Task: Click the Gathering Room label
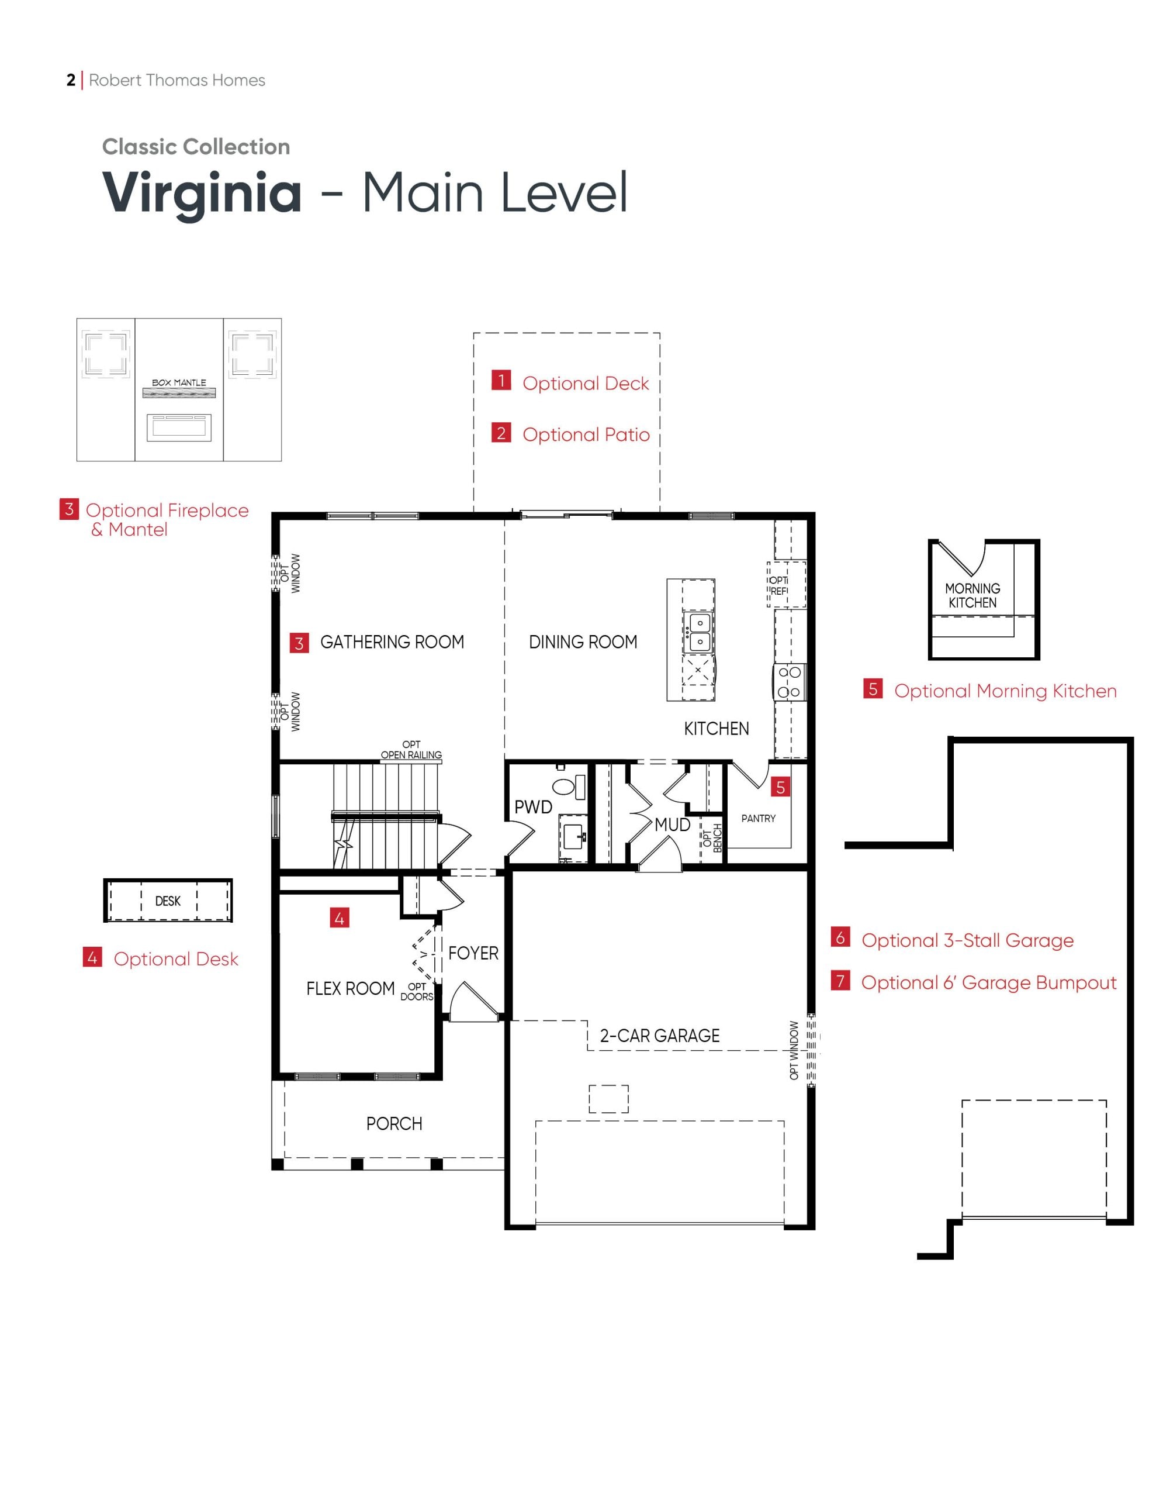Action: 392,642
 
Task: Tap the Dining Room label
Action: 583,642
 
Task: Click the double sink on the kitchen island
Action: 700,632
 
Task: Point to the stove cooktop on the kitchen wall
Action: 790,682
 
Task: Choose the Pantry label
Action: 758,819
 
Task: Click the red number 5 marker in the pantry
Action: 780,788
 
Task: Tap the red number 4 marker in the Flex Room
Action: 339,918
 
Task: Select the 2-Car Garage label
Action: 659,1036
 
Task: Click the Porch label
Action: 394,1124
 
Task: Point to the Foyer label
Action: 473,953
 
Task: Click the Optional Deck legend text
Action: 585,384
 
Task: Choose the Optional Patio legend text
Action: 586,434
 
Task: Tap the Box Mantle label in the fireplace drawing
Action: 179,382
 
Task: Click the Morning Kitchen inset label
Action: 972,596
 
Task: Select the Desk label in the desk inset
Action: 168,901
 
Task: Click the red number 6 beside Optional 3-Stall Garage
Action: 840,937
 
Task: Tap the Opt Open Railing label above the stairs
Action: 411,750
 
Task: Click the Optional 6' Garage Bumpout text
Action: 988,983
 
